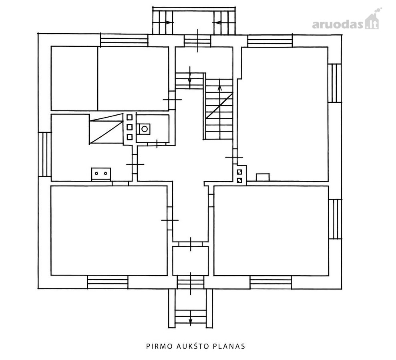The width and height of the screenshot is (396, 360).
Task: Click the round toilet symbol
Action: coord(145,129)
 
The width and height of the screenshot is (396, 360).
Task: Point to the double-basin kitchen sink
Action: coord(101,174)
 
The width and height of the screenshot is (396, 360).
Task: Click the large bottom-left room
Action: coord(109,230)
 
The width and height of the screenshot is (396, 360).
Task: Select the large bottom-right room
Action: coord(271,230)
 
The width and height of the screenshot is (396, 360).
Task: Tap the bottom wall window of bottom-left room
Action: coord(108,282)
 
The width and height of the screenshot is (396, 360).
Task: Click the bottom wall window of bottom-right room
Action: coord(271,282)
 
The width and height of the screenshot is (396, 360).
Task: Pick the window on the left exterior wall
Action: coord(45,154)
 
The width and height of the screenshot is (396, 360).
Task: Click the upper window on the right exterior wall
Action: coord(335,83)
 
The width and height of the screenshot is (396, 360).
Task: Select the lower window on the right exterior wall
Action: coord(335,219)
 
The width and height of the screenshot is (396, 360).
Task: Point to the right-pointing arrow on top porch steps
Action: coord(169,22)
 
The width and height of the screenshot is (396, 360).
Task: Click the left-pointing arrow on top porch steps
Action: coord(217,23)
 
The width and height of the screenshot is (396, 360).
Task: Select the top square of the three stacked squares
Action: coord(130,117)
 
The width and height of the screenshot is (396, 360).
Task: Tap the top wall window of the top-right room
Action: coord(270,41)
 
